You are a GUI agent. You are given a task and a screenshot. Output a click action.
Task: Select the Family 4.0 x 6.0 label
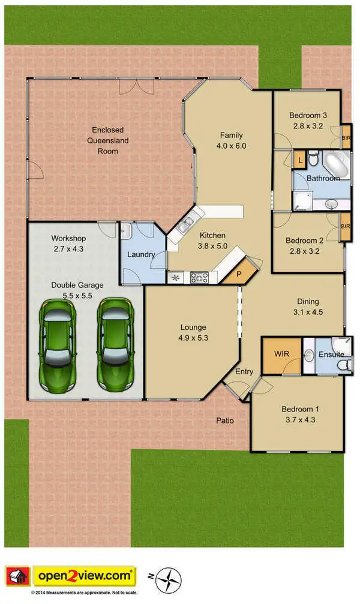tap(231, 140)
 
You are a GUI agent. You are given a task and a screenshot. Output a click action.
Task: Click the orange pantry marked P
tap(239, 273)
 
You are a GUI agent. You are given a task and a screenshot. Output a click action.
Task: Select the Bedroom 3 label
tap(308, 121)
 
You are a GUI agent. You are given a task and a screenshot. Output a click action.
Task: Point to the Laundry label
tap(141, 254)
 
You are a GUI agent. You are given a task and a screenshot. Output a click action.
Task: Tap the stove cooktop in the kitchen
tap(199, 277)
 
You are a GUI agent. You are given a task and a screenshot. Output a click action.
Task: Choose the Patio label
tap(225, 420)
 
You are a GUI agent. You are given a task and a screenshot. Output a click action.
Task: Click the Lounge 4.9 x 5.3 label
tap(193, 332)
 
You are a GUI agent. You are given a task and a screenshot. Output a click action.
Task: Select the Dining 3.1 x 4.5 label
tap(308, 306)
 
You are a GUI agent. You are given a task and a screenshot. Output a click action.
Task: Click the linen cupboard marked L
tap(299, 160)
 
